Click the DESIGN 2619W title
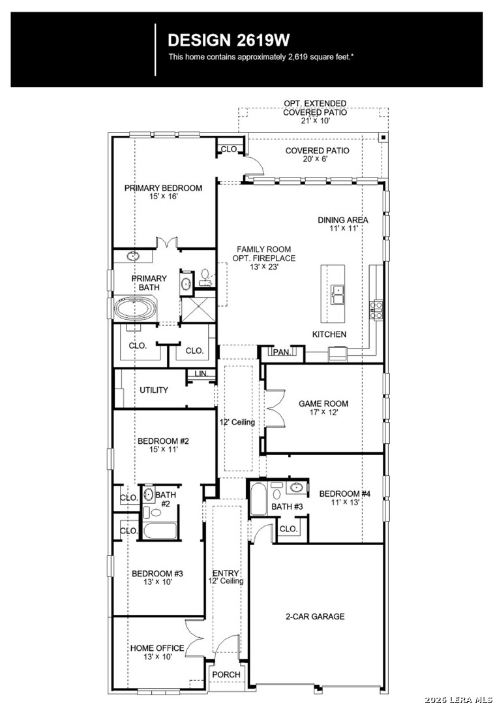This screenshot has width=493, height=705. coord(228,40)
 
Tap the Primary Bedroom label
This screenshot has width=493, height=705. coord(163,188)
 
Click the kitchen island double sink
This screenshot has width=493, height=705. coord(338,294)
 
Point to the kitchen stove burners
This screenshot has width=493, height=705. coord(376,310)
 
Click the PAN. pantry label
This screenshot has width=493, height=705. coord(282,352)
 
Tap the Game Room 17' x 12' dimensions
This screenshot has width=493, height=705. coord(323,412)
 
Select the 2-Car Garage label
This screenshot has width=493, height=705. coord(315,616)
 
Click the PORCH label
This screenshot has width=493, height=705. coord(226,674)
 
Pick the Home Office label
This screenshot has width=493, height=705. coord(157,648)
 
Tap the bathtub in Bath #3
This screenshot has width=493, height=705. coord(258,499)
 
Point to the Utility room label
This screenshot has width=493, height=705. coord(153,390)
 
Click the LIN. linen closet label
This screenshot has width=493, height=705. coord(201,373)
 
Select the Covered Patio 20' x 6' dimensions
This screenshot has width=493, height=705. coord(317,159)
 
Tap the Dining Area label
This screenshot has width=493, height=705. coord(343,220)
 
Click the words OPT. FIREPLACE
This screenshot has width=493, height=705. coord(264,258)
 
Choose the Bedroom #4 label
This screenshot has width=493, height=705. coord(345,493)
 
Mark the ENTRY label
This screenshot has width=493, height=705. coord(226,573)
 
